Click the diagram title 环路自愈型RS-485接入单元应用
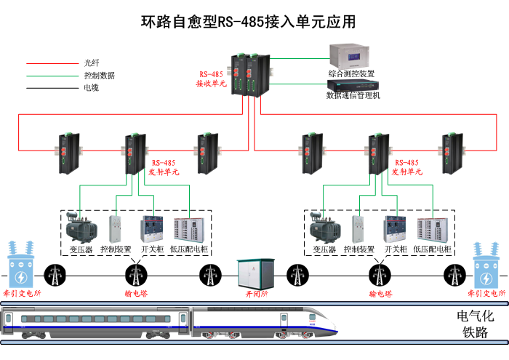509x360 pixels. [248, 22]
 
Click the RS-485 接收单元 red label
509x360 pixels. [212, 79]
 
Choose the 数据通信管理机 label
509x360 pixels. [353, 95]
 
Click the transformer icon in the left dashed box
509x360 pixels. [81, 228]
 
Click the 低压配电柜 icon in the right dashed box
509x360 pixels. [433, 228]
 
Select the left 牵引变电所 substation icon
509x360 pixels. [21, 266]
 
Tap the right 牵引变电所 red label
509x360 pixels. [486, 293]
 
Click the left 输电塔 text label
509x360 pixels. [135, 294]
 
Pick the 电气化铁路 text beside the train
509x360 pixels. [475, 324]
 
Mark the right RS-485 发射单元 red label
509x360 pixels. [406, 167]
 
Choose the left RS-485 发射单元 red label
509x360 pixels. [162, 167]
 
